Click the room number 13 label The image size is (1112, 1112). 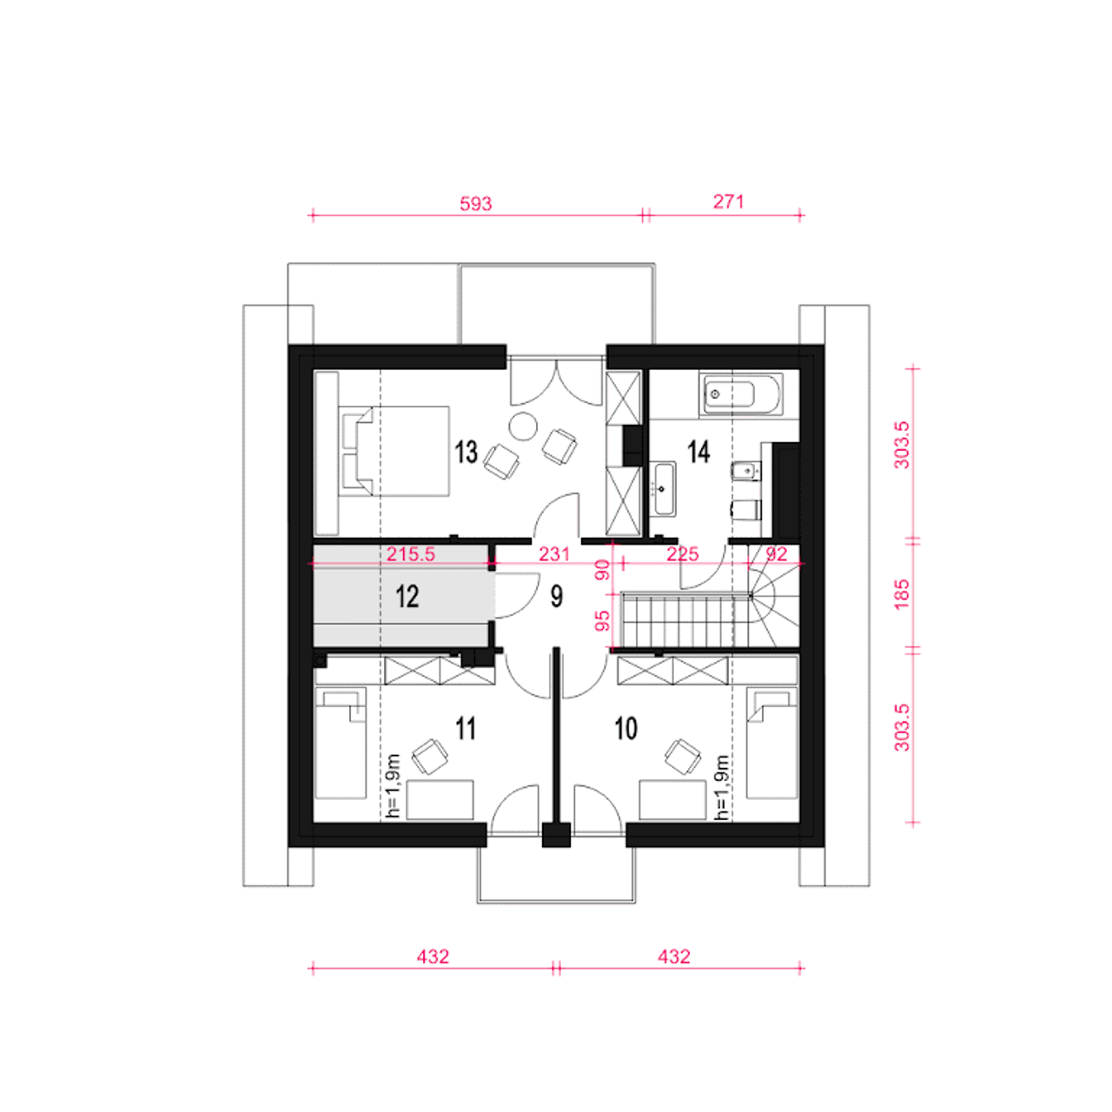[x=466, y=452]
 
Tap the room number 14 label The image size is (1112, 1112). [x=698, y=451]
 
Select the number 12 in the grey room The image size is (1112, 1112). [x=407, y=596]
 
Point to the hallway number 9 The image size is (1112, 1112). [x=556, y=596]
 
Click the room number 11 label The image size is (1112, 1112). [x=466, y=729]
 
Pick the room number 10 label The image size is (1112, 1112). [x=625, y=729]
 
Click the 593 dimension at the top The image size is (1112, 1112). [x=475, y=203]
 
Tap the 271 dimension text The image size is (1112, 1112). [x=728, y=202]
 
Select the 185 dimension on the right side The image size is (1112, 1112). [x=900, y=593]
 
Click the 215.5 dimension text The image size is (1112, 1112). [x=410, y=554]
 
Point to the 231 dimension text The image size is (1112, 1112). [x=554, y=554]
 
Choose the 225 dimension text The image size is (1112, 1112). [x=682, y=554]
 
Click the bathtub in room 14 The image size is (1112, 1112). [x=741, y=394]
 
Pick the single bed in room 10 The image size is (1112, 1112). [x=772, y=743]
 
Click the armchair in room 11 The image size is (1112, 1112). [x=430, y=757]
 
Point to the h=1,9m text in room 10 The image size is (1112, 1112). [x=721, y=787]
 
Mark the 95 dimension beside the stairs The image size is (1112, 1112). [x=602, y=621]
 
